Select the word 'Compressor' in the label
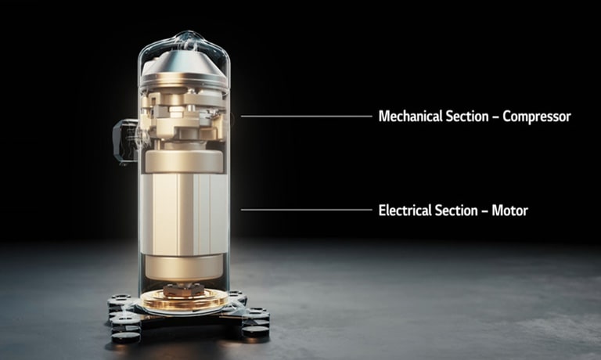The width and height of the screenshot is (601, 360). pyautogui.click(x=537, y=117)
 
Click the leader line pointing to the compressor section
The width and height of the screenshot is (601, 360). pyautogui.click(x=305, y=116)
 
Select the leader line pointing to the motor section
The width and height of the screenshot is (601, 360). pyautogui.click(x=305, y=210)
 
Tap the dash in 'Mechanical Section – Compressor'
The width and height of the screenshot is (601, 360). pyautogui.click(x=495, y=117)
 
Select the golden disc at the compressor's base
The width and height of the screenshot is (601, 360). pyautogui.click(x=184, y=300)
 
